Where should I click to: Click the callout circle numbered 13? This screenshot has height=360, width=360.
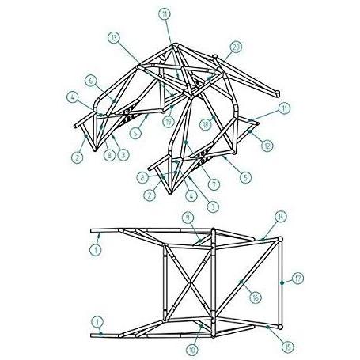point(114,38)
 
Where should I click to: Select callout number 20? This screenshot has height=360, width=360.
point(236,47)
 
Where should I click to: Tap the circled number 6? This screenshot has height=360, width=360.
point(90,81)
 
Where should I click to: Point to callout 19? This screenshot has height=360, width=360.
point(169,122)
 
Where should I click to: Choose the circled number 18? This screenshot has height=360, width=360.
point(206,124)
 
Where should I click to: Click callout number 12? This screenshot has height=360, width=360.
point(267,146)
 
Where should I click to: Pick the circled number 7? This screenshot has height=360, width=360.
point(214,184)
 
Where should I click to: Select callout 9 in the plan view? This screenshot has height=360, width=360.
point(188,218)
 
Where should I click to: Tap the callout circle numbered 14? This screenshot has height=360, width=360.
point(280,217)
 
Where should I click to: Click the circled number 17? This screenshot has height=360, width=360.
point(297,279)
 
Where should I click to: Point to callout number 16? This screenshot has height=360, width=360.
point(255,297)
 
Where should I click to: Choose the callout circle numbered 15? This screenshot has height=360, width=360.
point(288,347)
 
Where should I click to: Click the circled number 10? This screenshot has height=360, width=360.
point(191,350)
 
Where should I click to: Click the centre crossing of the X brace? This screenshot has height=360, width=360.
point(190,282)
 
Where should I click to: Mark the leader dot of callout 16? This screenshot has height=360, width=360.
point(241,282)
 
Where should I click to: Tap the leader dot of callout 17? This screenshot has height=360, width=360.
point(282,282)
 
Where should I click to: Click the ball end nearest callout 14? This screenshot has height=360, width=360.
point(280,239)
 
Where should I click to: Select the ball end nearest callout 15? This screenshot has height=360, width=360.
point(280,327)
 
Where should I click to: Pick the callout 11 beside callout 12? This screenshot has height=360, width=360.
point(284,108)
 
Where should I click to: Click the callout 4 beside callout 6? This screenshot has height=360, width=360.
point(73,97)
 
